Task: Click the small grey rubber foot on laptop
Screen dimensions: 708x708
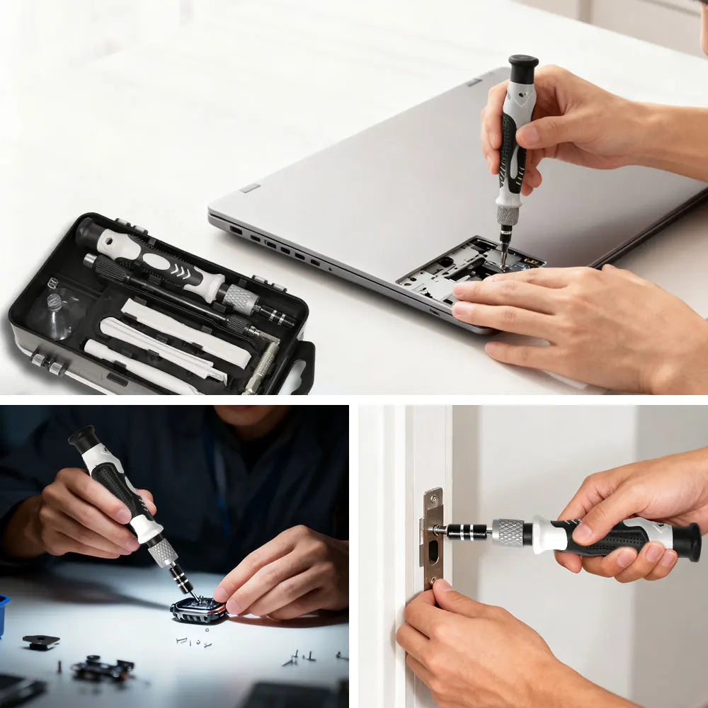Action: [250, 188]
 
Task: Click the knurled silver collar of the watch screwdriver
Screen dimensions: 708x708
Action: [163, 552]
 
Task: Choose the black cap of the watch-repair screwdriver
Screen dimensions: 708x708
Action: [83, 439]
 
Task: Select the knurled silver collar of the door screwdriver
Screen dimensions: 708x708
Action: [508, 532]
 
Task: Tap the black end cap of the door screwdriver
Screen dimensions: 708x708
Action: [687, 542]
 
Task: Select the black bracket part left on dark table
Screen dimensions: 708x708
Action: [40, 641]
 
